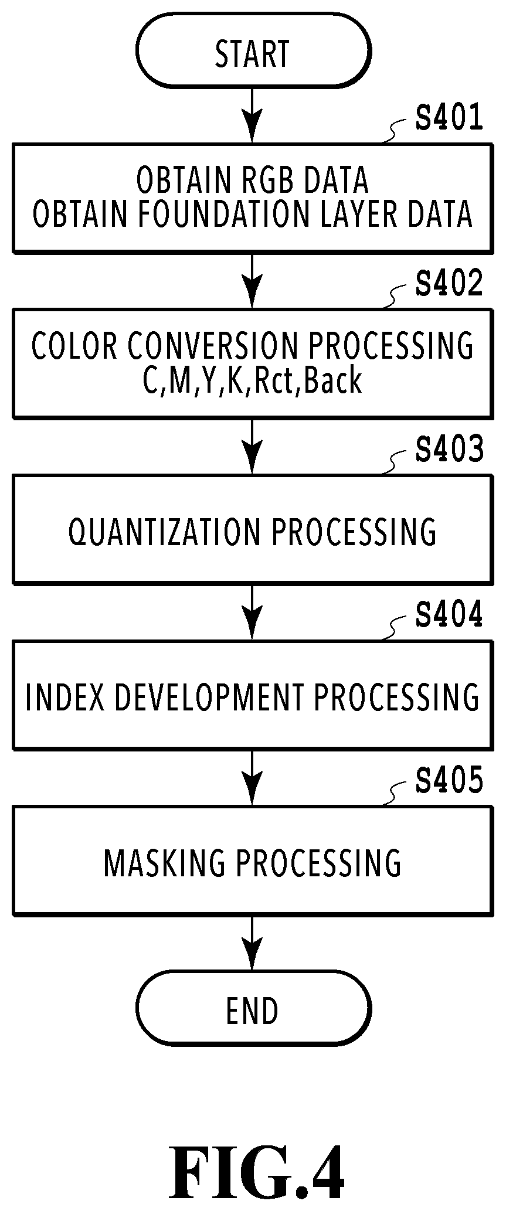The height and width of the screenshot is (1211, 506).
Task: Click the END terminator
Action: [253, 1010]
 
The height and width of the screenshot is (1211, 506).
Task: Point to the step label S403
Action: [449, 449]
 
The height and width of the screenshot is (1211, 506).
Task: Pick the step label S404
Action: [449, 615]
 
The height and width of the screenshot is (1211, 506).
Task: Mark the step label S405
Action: [449, 780]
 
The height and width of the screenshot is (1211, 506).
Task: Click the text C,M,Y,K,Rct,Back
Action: [252, 380]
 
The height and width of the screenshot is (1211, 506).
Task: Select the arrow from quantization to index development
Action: [253, 612]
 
